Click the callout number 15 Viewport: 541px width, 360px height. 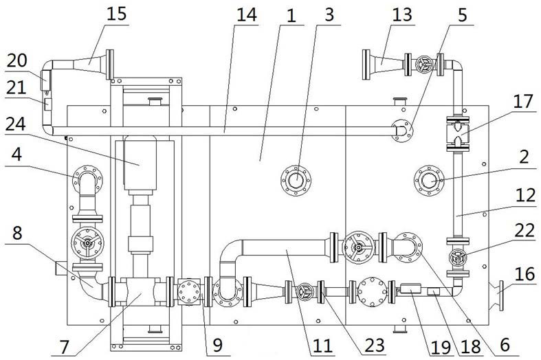[117, 14]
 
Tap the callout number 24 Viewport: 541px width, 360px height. [16, 124]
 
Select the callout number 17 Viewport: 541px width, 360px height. [524, 102]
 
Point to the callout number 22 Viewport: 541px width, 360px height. [525, 230]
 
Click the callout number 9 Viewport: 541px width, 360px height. [217, 344]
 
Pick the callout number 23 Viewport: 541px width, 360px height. [375, 345]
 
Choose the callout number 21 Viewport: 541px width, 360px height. [16, 87]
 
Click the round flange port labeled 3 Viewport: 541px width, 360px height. [296, 181]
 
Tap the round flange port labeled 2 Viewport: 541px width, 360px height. [429, 181]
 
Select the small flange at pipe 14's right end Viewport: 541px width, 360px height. [402, 131]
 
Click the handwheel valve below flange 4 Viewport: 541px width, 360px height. [87, 243]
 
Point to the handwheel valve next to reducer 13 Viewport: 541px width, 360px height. [423, 64]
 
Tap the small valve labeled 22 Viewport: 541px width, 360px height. [458, 258]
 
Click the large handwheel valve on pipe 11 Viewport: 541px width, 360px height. [359, 247]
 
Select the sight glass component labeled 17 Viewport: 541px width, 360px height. [458, 134]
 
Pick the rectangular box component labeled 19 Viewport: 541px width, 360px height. [410, 288]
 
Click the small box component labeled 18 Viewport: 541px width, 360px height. [433, 292]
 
